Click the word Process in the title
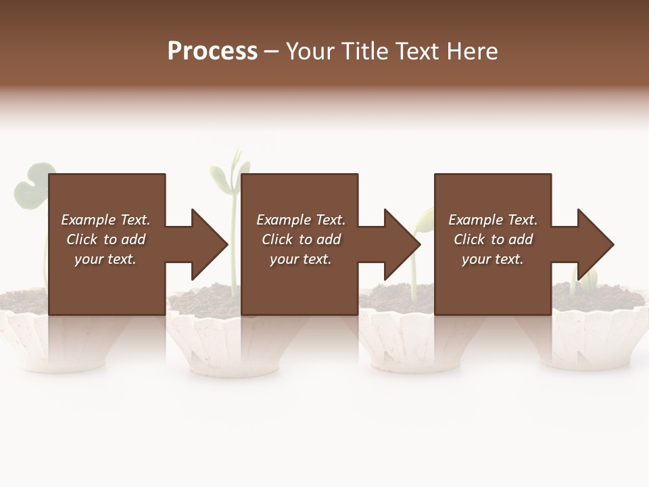[212, 51]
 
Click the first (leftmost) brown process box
[107, 203]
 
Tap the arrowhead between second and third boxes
[402, 244]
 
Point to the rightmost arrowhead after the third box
[595, 244]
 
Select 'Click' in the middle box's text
[278, 239]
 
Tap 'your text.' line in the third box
[492, 259]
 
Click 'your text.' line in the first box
[105, 259]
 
